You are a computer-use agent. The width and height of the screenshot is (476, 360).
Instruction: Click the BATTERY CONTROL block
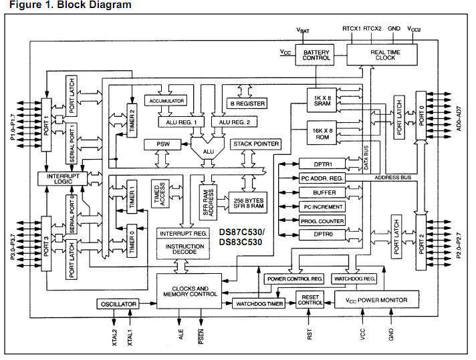316,53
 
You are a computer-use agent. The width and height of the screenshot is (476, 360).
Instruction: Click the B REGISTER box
247,104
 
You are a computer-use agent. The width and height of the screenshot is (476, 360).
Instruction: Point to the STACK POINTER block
255,144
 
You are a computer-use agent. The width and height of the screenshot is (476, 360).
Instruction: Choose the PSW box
163,144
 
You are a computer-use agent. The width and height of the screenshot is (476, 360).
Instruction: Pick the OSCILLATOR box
118,304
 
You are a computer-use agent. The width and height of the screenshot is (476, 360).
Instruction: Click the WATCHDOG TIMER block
259,304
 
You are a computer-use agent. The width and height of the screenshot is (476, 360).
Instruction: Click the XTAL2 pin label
114,338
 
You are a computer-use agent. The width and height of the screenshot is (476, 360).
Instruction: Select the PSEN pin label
201,337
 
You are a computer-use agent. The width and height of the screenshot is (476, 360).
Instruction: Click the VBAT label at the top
303,30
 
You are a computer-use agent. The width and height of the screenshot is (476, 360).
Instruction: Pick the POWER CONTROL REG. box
295,278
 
